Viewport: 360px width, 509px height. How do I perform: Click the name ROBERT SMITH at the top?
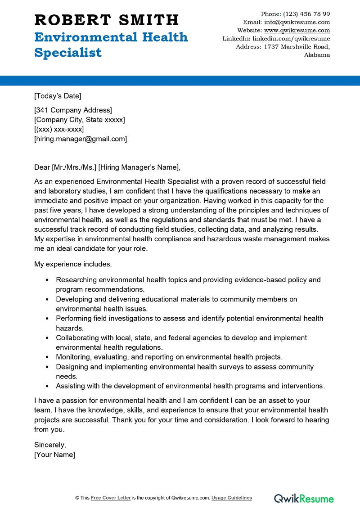pos(106,20)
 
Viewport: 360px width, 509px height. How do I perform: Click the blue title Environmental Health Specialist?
pos(111,45)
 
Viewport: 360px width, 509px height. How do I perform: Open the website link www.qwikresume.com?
pos(297,30)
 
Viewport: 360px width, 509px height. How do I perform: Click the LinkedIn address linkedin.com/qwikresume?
pos(291,39)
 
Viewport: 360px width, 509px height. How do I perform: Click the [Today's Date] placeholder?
pos(58,96)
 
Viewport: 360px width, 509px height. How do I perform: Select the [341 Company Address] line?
pos(73,110)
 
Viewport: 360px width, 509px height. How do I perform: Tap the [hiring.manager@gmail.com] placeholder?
pos(81,139)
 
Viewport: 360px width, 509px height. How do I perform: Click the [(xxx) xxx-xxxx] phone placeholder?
pos(58,130)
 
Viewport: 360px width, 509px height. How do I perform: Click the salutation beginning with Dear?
pos(107,168)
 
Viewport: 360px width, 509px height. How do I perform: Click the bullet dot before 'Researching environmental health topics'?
pos(47,280)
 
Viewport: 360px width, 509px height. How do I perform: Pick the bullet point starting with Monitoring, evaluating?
pos(169,357)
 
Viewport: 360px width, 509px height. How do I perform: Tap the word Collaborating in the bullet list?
pos(77,338)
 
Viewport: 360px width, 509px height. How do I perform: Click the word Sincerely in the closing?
pos(50,445)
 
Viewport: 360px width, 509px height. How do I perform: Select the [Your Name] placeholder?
pos(54,455)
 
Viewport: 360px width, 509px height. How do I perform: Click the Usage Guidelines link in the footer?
pos(232,498)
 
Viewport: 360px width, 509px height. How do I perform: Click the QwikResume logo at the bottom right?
pos(304,498)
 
